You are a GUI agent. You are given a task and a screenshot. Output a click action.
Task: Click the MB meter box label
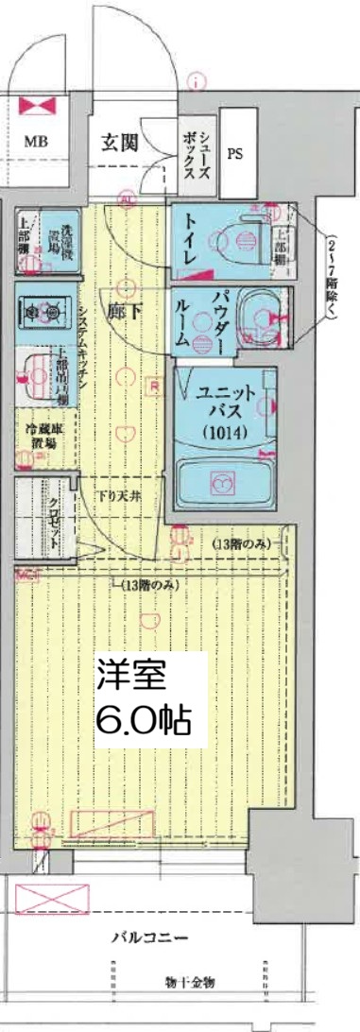(x=36, y=142)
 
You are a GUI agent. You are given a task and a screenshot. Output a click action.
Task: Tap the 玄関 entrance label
(x=120, y=143)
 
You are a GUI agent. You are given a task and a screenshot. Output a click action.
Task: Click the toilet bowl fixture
(x=244, y=232)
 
